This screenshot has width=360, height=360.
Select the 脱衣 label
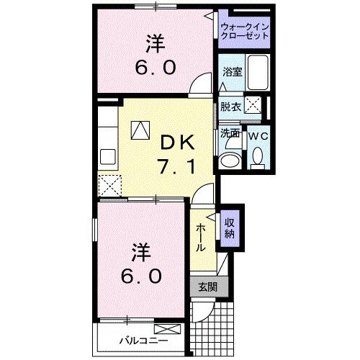[x=230, y=107]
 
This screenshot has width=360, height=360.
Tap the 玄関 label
[x=207, y=287]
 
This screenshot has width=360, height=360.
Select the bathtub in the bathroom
[x=256, y=73]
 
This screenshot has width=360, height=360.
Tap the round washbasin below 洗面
[x=230, y=160]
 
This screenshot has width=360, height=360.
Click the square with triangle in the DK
[x=140, y=130]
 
